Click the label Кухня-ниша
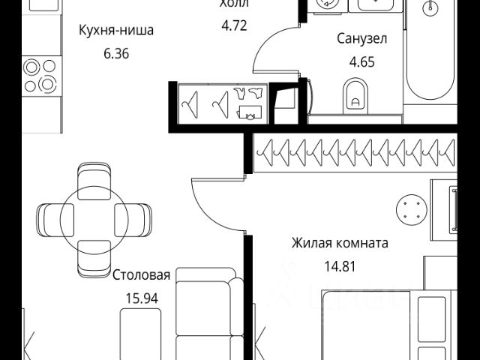click(116, 31)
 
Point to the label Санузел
click(361, 39)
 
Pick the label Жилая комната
click(340, 244)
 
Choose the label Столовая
click(142, 275)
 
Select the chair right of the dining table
click(133, 218)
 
